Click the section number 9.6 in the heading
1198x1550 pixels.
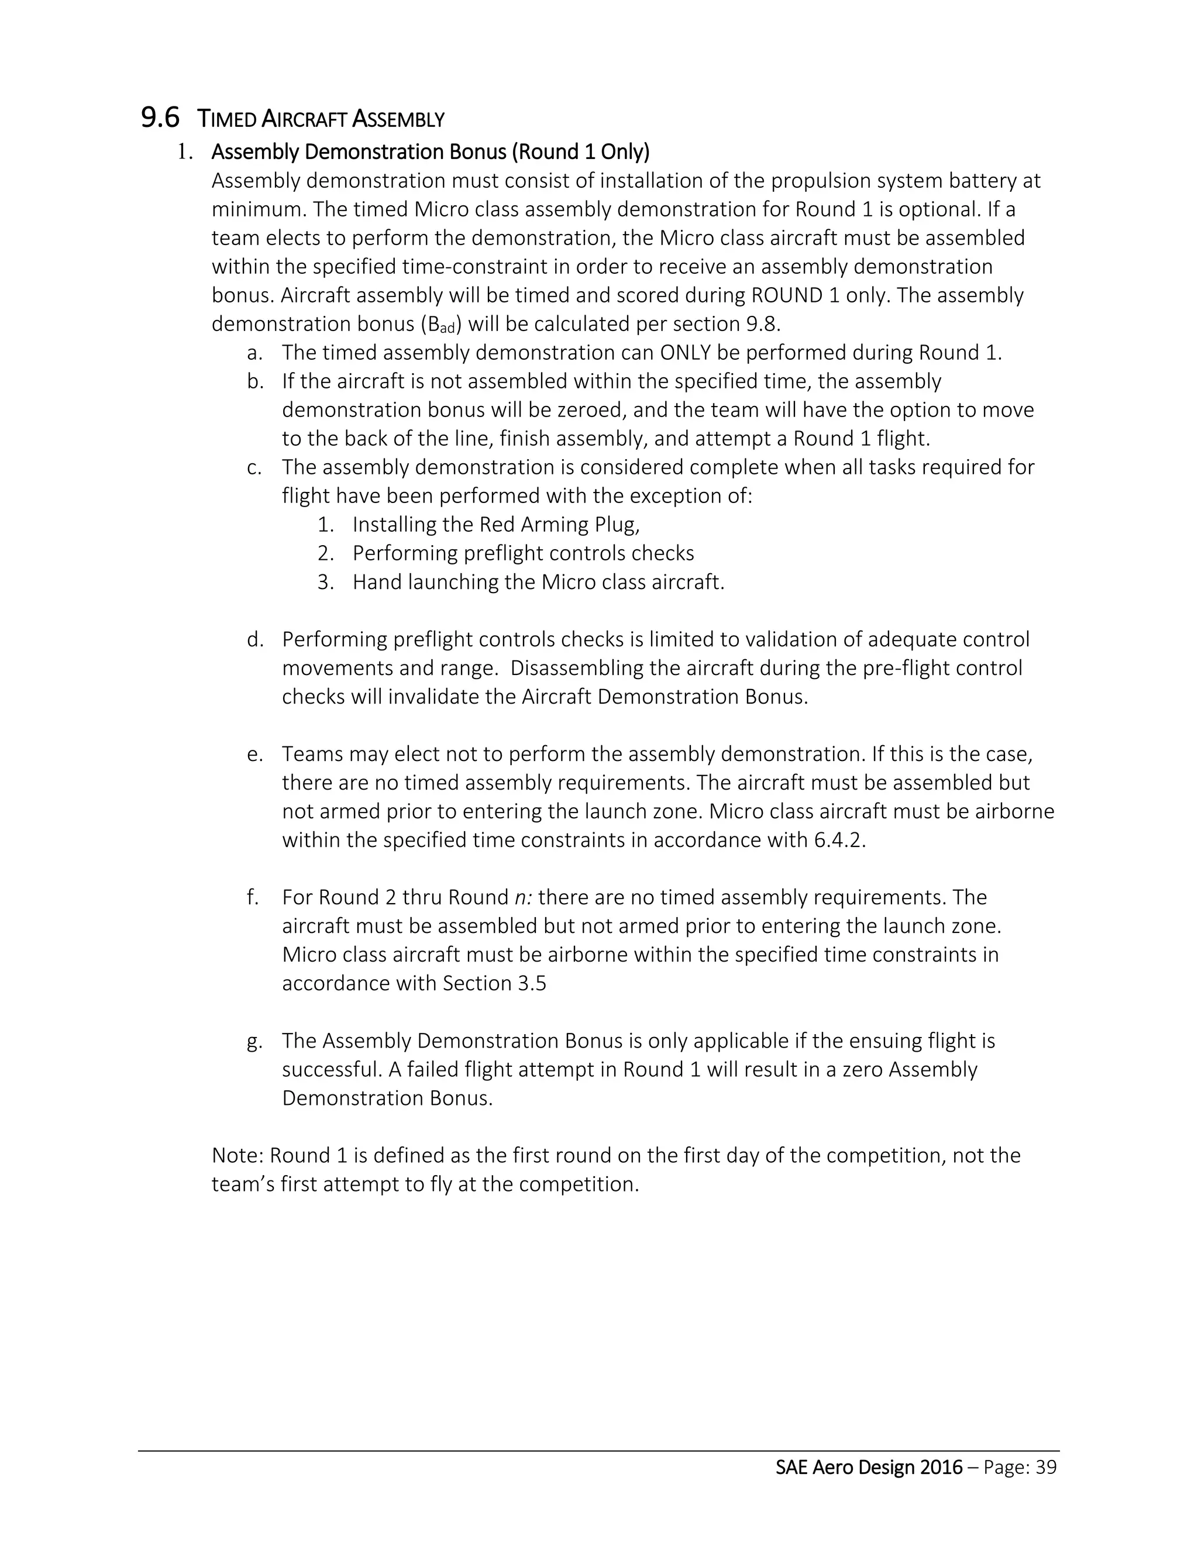160,118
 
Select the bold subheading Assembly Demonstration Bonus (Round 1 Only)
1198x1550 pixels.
430,152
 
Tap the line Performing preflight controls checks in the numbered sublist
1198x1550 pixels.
523,553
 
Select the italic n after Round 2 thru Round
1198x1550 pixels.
523,898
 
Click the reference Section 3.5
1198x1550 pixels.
494,984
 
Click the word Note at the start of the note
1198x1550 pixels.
237,1155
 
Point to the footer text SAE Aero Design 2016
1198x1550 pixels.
869,1468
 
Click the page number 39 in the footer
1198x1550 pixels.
1046,1468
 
